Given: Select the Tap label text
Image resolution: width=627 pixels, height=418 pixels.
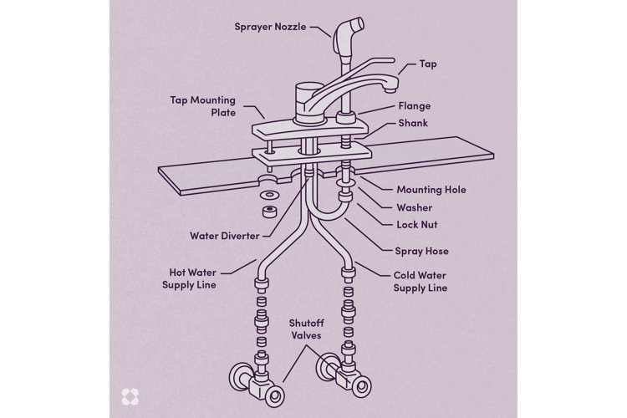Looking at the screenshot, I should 429,64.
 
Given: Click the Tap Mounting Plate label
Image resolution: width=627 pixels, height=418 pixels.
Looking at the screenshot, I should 203,106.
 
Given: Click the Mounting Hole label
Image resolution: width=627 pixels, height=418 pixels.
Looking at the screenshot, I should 431,190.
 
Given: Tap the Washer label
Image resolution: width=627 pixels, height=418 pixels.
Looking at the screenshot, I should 414,207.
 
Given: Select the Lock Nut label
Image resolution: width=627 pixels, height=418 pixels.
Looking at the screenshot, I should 417,225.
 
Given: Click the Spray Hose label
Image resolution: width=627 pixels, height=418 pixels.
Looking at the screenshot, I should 421,250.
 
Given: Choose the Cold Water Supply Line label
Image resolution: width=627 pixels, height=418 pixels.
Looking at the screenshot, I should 421,281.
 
